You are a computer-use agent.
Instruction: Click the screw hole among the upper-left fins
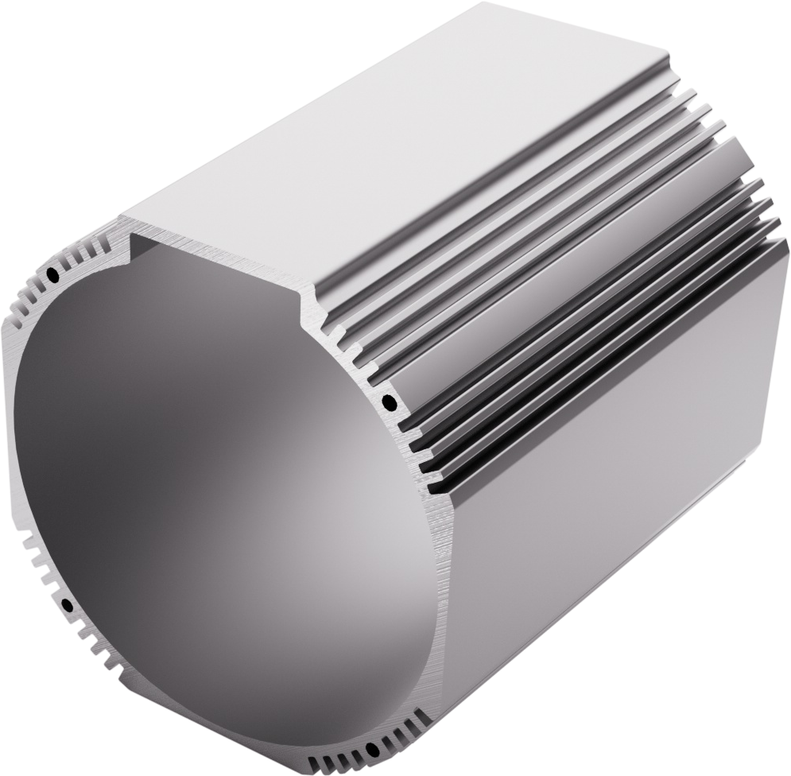pos(52,275)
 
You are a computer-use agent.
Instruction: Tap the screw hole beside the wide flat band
pos(389,400)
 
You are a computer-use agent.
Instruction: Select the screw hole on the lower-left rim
pos(68,607)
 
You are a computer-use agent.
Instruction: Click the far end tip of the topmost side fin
pos(666,60)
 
